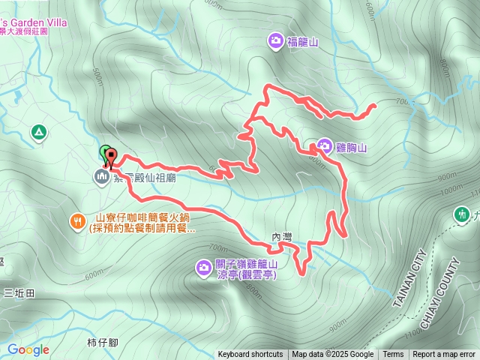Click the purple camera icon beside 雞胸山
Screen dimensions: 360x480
325,145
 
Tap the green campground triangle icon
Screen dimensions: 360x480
38,133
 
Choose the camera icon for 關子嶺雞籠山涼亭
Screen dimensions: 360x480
204,266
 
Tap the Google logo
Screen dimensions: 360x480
28,349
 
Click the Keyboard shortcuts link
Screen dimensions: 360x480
250,355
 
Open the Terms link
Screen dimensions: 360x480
393,355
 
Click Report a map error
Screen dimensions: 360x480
444,355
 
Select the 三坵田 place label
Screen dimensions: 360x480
18,292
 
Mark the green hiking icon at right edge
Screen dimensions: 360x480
461,214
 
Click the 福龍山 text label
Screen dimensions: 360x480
302,42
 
